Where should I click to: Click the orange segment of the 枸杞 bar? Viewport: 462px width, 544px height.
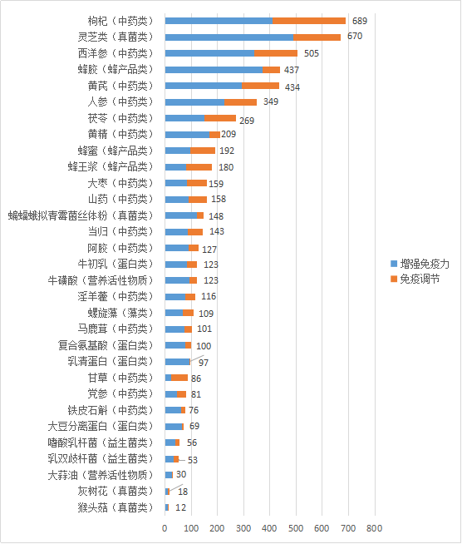[308, 20]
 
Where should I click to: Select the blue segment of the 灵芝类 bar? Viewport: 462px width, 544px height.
[229, 37]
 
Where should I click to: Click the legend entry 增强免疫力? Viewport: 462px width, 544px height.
[424, 263]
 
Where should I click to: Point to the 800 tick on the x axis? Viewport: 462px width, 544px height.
[374, 528]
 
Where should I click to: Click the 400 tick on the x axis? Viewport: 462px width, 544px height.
[269, 528]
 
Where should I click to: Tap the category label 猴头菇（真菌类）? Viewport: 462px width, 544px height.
[116, 507]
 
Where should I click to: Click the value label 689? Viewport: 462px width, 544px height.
[360, 20]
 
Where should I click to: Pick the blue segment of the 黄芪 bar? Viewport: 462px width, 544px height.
[204, 86]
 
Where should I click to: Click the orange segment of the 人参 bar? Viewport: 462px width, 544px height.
[240, 101]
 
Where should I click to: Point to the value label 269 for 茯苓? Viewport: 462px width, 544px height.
[247, 121]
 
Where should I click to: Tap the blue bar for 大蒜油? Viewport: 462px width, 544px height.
[169, 475]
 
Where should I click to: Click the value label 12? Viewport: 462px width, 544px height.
[180, 507]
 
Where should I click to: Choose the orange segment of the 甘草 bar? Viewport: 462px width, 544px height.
[179, 378]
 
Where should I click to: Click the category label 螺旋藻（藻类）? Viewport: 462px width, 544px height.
[121, 313]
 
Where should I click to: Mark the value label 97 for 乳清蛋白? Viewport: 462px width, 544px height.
[204, 363]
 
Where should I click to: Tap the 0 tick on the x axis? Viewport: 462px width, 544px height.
[165, 528]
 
